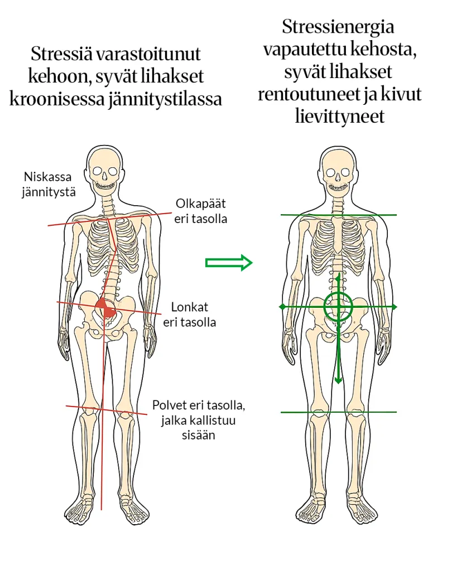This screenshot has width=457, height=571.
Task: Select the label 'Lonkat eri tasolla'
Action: tap(190, 314)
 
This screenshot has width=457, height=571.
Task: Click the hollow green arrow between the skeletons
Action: tap(229, 262)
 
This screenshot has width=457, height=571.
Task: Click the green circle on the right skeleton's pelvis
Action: tap(338, 306)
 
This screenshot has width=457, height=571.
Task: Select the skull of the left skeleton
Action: tap(104, 167)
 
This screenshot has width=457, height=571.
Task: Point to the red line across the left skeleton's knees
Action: tap(73, 407)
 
